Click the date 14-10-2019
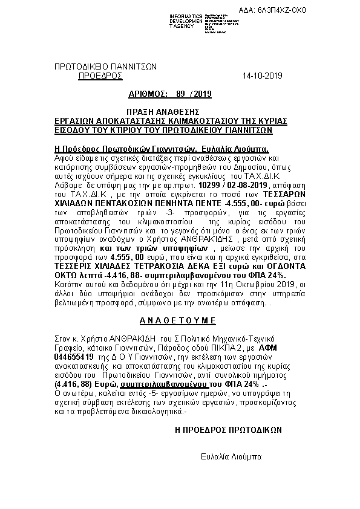point(261,76)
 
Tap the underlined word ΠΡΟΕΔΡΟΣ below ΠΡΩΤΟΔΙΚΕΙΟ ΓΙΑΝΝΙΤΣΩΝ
point(100,76)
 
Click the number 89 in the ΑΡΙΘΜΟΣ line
point(180,94)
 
